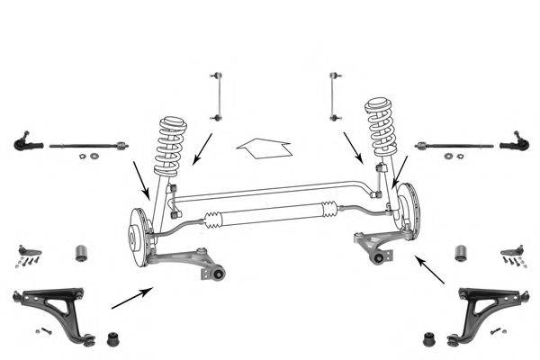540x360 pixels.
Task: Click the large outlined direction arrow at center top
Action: (262, 145)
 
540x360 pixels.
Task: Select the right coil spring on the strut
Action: (381, 130)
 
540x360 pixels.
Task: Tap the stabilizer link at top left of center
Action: (216, 95)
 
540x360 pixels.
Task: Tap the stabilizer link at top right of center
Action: (336, 94)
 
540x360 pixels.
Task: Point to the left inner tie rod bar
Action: (88, 144)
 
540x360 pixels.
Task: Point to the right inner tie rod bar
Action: (454, 144)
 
